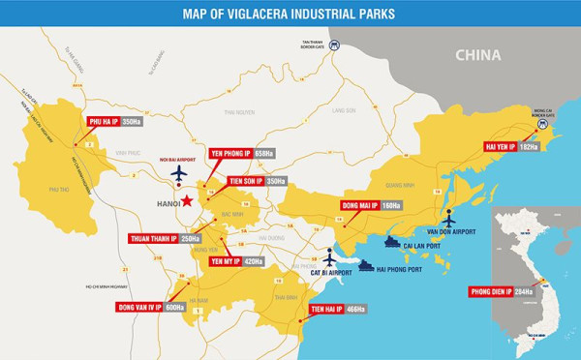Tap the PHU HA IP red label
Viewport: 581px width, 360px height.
click(x=103, y=123)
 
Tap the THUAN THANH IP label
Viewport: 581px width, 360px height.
click(x=153, y=238)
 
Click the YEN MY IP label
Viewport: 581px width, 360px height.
click(x=225, y=261)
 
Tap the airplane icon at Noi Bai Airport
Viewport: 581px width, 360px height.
click(x=178, y=173)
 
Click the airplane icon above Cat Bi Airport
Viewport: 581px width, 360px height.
click(x=330, y=257)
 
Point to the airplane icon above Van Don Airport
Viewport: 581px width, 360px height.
click(x=447, y=219)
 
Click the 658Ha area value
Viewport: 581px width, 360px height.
click(x=264, y=154)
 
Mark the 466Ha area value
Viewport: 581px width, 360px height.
click(x=355, y=310)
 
